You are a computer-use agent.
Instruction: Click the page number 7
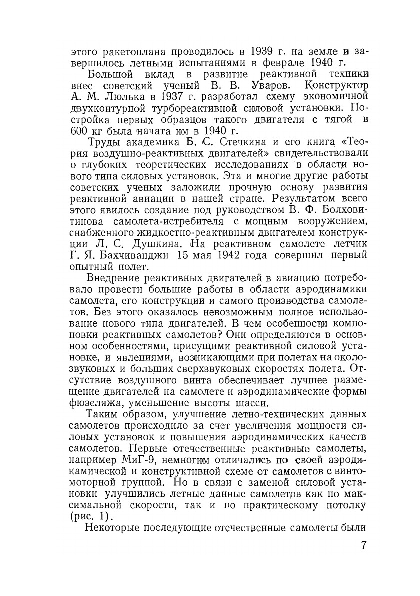pos(364,545)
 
